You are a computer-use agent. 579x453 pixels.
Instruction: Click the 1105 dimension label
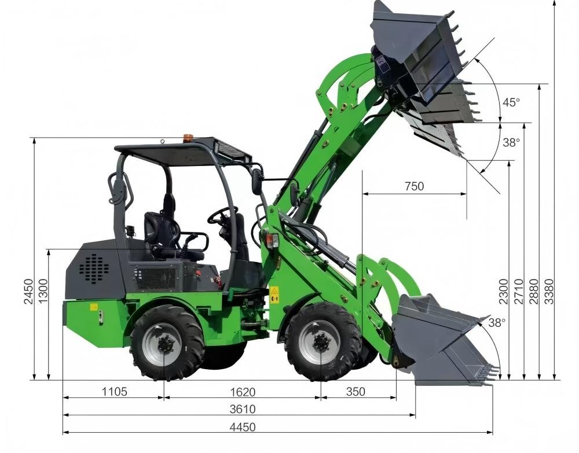115,392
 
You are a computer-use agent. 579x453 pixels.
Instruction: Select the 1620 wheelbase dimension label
243,392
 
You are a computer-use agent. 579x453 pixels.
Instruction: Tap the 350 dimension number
356,392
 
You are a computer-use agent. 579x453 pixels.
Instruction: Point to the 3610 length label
243,409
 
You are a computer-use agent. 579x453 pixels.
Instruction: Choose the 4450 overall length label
243,427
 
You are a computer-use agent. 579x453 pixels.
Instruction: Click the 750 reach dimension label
415,186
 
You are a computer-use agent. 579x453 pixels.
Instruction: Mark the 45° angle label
511,102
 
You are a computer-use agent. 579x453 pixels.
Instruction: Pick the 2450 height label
28,292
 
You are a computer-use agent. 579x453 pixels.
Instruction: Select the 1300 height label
43,292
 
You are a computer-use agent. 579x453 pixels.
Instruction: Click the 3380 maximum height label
549,292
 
